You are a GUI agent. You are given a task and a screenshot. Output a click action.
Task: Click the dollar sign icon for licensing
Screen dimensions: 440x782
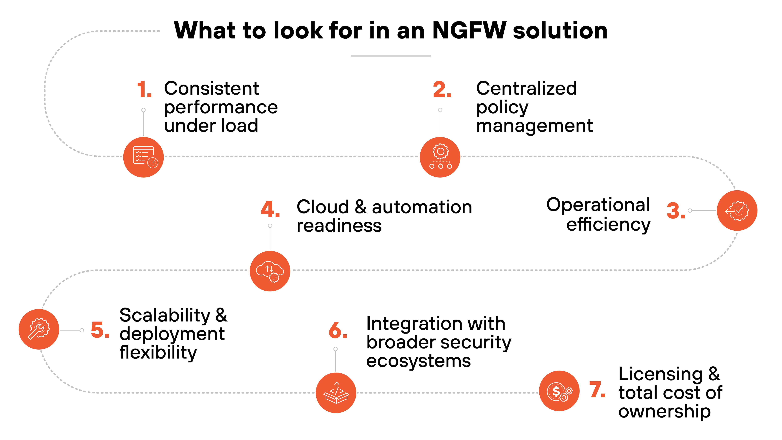[559, 391]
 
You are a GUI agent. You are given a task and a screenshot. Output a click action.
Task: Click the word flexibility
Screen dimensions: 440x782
[158, 353]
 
